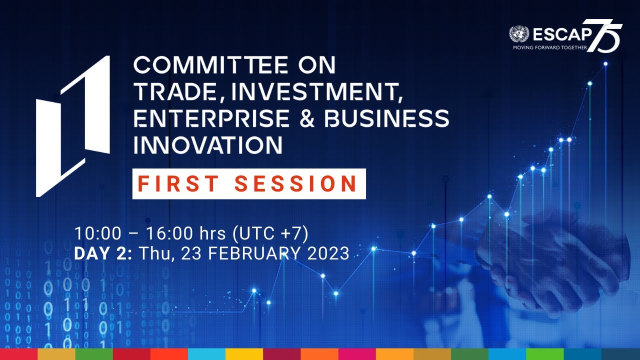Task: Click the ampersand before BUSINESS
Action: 307,118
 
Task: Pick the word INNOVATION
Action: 207,144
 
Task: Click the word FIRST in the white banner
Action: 178,184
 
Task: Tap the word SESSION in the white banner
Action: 296,184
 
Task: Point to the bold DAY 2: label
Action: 103,253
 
